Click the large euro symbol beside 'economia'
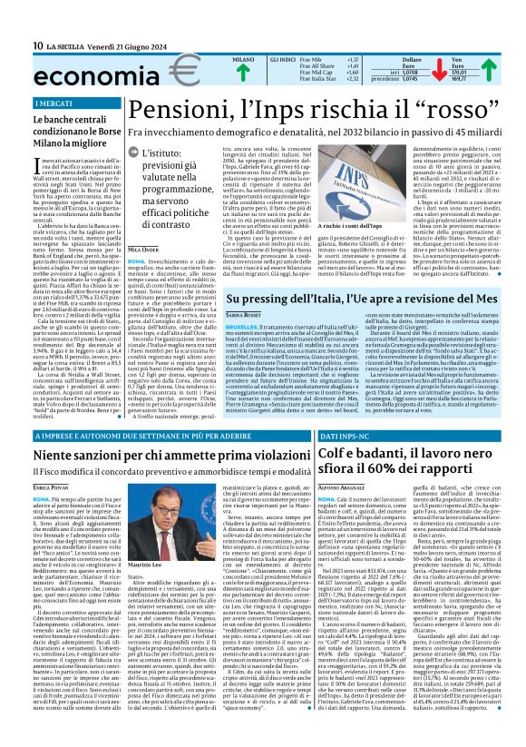point(158,71)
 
